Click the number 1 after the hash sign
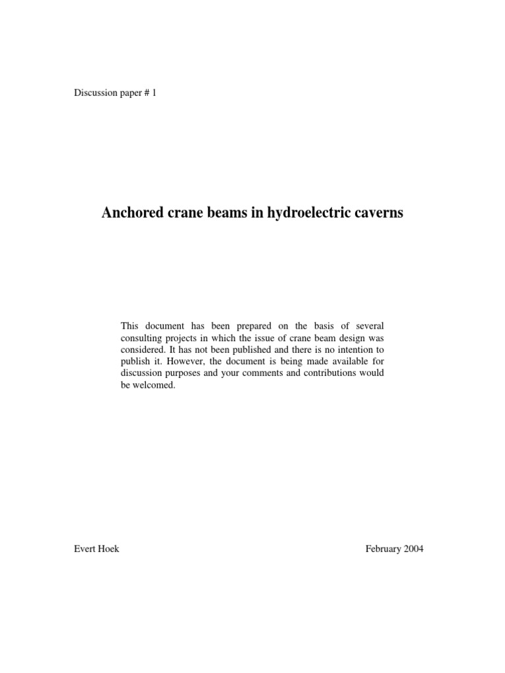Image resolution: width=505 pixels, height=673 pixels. point(155,93)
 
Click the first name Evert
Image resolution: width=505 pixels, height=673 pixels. point(87,549)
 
